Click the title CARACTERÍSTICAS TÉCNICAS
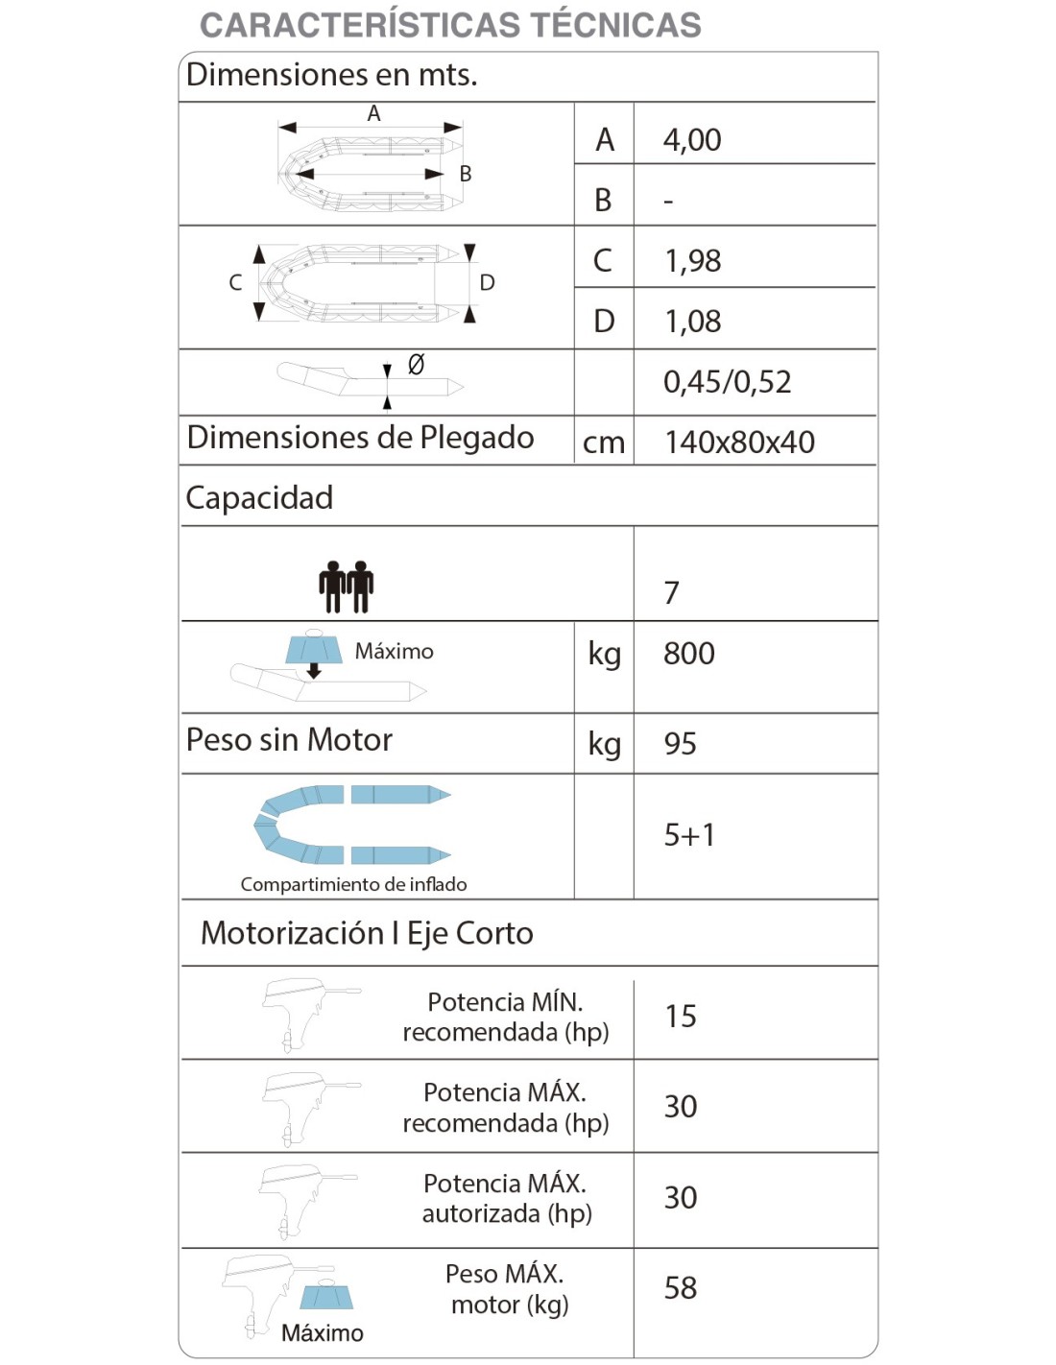click(x=450, y=25)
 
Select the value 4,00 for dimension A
click(x=692, y=140)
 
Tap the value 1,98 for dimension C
click(x=692, y=261)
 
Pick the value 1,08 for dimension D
click(x=692, y=322)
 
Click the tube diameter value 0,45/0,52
click(x=727, y=382)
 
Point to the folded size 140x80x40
click(x=739, y=443)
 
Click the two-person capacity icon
click(x=346, y=587)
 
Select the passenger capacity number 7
click(x=672, y=593)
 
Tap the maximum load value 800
click(x=688, y=654)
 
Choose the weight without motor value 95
click(x=680, y=744)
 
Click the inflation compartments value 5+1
click(x=689, y=835)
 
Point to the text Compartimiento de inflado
click(x=353, y=884)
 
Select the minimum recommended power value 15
click(x=680, y=1017)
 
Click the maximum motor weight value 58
click(x=680, y=1288)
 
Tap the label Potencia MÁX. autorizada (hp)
click(x=506, y=1198)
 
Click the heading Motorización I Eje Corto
click(x=367, y=933)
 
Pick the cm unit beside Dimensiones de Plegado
click(x=603, y=443)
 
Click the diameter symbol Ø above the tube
click(x=416, y=364)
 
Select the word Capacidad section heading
click(x=259, y=497)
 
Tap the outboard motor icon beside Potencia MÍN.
click(x=305, y=1014)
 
